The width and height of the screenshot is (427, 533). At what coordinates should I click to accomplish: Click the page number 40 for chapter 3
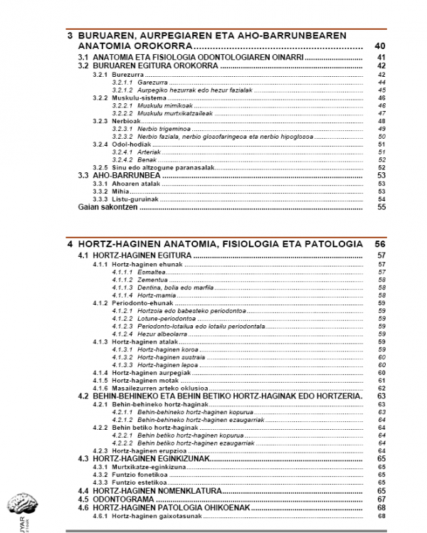(379, 46)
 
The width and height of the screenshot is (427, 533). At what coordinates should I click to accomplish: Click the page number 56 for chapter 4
(379, 243)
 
